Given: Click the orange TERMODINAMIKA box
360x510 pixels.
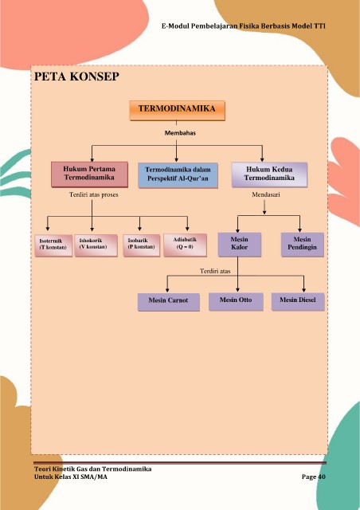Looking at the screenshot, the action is pyautogui.click(x=178, y=111).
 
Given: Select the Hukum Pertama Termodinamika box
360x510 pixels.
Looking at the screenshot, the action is pyautogui.click(x=89, y=175).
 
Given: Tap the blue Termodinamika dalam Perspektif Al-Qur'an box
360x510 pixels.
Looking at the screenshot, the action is pyautogui.click(x=178, y=175).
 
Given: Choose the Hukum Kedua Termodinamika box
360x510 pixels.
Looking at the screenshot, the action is pyautogui.click(x=269, y=175).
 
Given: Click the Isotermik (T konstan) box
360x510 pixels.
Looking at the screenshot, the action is pyautogui.click(x=53, y=245).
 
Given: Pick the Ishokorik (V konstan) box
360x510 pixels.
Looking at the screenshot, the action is pyautogui.click(x=96, y=245).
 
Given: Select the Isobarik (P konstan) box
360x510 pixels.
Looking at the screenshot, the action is pyautogui.click(x=142, y=245).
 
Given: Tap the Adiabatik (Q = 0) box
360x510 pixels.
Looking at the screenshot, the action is pyautogui.click(x=185, y=245).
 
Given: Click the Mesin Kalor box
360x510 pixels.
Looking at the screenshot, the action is pyautogui.click(x=240, y=245).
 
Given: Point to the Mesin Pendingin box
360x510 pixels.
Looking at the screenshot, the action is pyautogui.click(x=303, y=245).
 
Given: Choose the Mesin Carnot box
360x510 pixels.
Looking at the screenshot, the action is pyautogui.click(x=169, y=302).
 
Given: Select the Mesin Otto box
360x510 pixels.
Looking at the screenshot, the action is pyautogui.click(x=236, y=301).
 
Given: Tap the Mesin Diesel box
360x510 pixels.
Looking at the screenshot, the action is pyautogui.click(x=298, y=301).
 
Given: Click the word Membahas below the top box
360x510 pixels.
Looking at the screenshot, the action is pyautogui.click(x=180, y=133).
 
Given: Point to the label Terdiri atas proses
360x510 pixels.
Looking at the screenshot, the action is pyautogui.click(x=94, y=194).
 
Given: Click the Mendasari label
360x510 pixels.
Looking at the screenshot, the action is pyautogui.click(x=266, y=194).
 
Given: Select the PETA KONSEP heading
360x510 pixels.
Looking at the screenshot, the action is pyautogui.click(x=76, y=76).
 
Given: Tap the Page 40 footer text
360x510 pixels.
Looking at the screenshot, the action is pyautogui.click(x=314, y=477).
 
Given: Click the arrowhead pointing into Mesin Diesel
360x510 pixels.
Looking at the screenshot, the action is pyautogui.click(x=303, y=289).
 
